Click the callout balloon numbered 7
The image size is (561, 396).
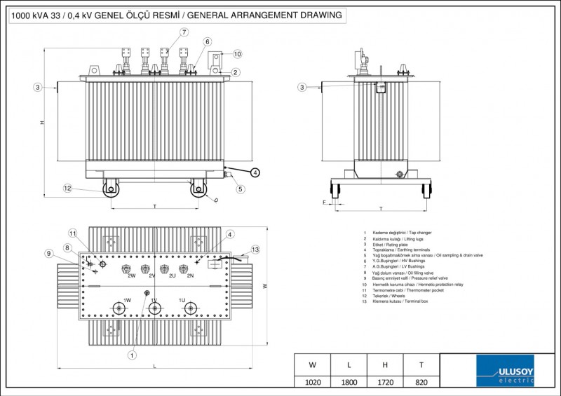tap(184, 32)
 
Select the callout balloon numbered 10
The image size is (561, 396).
tap(237, 53)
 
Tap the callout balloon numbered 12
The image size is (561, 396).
tap(67, 188)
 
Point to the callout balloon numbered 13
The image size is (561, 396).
tap(255, 250)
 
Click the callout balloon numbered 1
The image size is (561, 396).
tap(132, 355)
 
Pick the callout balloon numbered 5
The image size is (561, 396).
tap(240, 189)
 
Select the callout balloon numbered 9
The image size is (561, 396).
tap(48, 253)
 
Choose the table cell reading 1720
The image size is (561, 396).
tap(384, 382)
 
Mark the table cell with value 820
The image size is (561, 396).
tap(421, 382)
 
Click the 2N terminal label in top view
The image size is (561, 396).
tap(191, 276)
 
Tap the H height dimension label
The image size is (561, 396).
tap(41, 123)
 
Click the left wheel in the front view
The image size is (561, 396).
tap(110, 188)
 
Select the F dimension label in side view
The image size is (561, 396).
tap(325, 202)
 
